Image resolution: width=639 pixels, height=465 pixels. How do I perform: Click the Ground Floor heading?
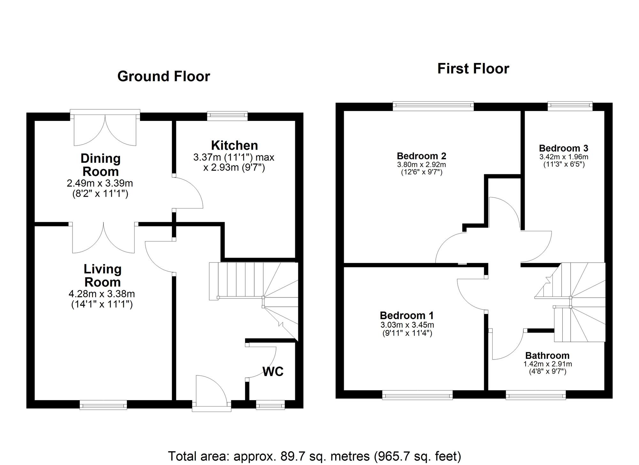(164, 76)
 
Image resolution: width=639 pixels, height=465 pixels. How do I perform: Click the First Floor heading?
(473, 69)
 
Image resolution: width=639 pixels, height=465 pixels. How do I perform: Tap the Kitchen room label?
(234, 146)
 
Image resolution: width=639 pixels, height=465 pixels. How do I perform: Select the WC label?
(273, 372)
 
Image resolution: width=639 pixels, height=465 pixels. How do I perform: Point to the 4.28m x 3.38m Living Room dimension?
(102, 294)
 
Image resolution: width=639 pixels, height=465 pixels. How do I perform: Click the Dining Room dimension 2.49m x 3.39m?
(100, 183)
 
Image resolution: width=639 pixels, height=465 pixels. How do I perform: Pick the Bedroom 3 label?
(563, 148)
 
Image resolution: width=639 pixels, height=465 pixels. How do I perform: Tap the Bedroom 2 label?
(421, 156)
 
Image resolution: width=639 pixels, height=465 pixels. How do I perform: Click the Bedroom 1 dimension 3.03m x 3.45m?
(407, 325)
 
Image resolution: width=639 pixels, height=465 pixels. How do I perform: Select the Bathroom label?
(547, 356)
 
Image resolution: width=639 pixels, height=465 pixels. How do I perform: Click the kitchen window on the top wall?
(227, 115)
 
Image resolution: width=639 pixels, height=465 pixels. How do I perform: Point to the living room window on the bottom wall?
(103, 405)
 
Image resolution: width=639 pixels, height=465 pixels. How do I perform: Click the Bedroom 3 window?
(570, 106)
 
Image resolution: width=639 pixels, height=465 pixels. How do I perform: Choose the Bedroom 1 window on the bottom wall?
(417, 395)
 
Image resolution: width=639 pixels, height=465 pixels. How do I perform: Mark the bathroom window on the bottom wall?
(535, 395)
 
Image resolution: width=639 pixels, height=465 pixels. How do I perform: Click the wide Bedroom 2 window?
(433, 106)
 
